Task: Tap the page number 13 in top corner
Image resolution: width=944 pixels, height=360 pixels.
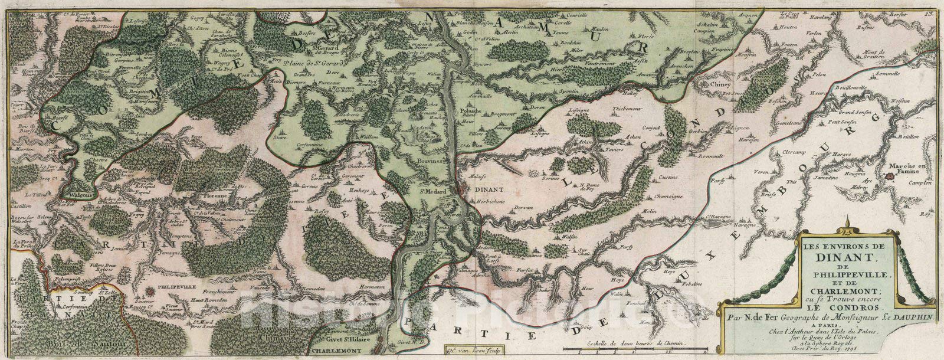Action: click(x=938, y=4)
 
